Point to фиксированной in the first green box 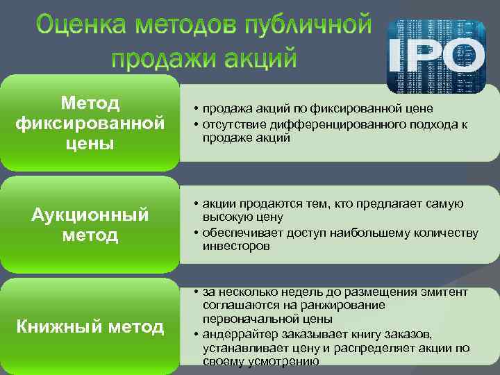(x=90, y=124)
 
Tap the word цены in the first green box (x=90, y=144)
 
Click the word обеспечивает (x=239, y=232)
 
